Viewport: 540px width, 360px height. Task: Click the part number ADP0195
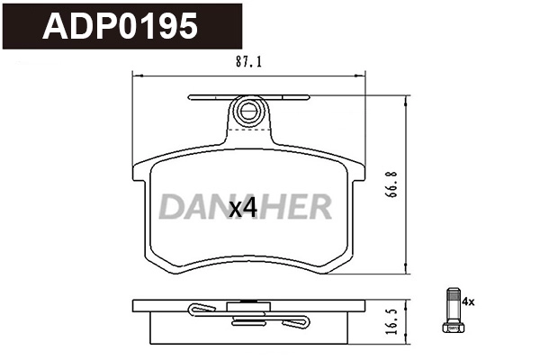pyautogui.click(x=122, y=27)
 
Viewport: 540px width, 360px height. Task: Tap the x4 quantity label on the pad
pyautogui.click(x=243, y=208)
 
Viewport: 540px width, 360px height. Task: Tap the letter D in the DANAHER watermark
pyautogui.click(x=171, y=208)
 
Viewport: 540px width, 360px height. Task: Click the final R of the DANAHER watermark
pyautogui.click(x=319, y=208)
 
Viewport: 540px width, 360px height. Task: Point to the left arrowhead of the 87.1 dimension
pyautogui.click(x=136, y=74)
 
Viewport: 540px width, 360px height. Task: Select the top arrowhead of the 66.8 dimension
pyautogui.click(x=408, y=102)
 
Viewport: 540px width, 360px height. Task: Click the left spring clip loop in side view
pyautogui.click(x=202, y=310)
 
